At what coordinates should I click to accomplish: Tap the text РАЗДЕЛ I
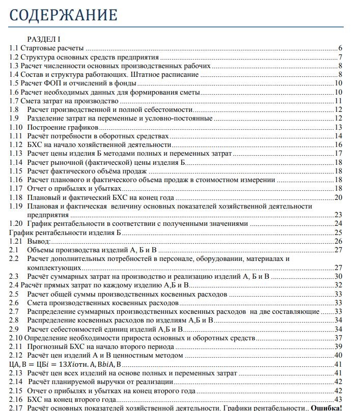[x=44, y=39]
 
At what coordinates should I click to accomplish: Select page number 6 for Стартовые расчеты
[x=340, y=48]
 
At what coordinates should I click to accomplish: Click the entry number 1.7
[x=15, y=101]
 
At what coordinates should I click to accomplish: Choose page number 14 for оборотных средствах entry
[x=338, y=136]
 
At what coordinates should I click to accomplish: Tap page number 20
[x=338, y=197]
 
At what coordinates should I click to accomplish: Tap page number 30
[x=338, y=276]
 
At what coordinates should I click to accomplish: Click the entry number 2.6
[x=14, y=303]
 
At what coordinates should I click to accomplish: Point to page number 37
[x=338, y=338]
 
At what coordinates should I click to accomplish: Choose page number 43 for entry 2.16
[x=338, y=399]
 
